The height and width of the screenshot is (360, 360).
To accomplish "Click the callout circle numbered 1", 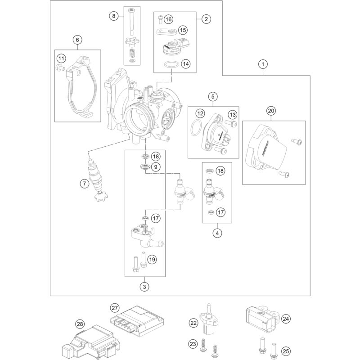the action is pyautogui.click(x=263, y=64).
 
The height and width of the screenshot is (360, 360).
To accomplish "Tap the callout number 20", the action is pyautogui.click(x=271, y=111).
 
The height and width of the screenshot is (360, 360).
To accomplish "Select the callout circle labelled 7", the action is pyautogui.click(x=85, y=184).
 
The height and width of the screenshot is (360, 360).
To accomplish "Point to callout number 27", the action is pyautogui.click(x=115, y=308).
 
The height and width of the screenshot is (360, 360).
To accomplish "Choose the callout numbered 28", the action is pyautogui.click(x=80, y=324).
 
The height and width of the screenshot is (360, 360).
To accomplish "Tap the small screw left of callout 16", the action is pyautogui.click(x=160, y=19).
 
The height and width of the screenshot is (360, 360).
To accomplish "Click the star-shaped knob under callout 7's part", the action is pyautogui.click(x=101, y=196).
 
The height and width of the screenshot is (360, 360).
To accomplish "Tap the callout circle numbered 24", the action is pyautogui.click(x=286, y=319).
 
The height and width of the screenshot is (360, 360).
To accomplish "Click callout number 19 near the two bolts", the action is pyautogui.click(x=152, y=260).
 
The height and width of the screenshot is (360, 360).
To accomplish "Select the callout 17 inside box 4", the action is pyautogui.click(x=220, y=212).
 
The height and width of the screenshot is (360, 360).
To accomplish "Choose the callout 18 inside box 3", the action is pyautogui.click(x=156, y=157).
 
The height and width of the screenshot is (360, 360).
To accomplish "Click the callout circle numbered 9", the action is pyautogui.click(x=156, y=167).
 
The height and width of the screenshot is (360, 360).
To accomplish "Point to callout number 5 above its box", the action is pyautogui.click(x=213, y=96).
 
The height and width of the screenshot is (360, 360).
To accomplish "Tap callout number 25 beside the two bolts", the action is pyautogui.click(x=286, y=351).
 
